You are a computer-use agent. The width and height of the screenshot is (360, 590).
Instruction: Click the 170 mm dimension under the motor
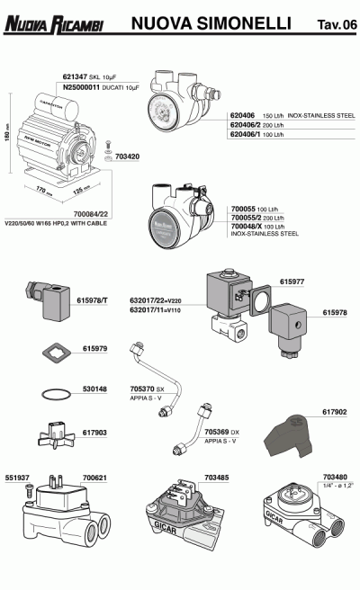pos(41,191)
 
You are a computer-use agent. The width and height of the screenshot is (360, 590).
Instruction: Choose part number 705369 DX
pos(220,432)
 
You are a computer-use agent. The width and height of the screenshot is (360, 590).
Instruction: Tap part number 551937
pos(18,478)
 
